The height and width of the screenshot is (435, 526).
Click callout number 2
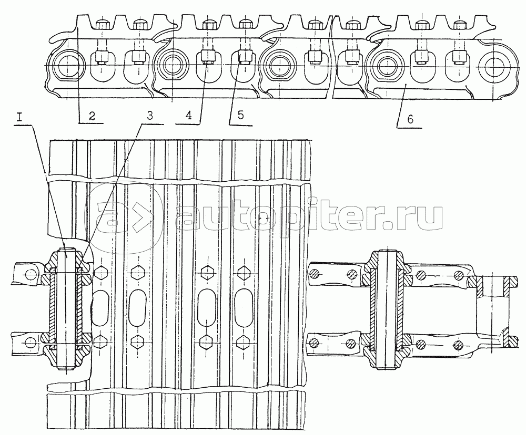click(92, 117)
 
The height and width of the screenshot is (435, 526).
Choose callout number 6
click(410, 119)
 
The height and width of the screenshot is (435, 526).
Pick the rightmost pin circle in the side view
click(495, 67)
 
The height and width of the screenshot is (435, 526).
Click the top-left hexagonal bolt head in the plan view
click(100, 273)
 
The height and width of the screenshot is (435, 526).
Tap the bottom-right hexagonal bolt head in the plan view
click(243, 342)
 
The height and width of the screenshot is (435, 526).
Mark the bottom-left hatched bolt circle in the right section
click(315, 344)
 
